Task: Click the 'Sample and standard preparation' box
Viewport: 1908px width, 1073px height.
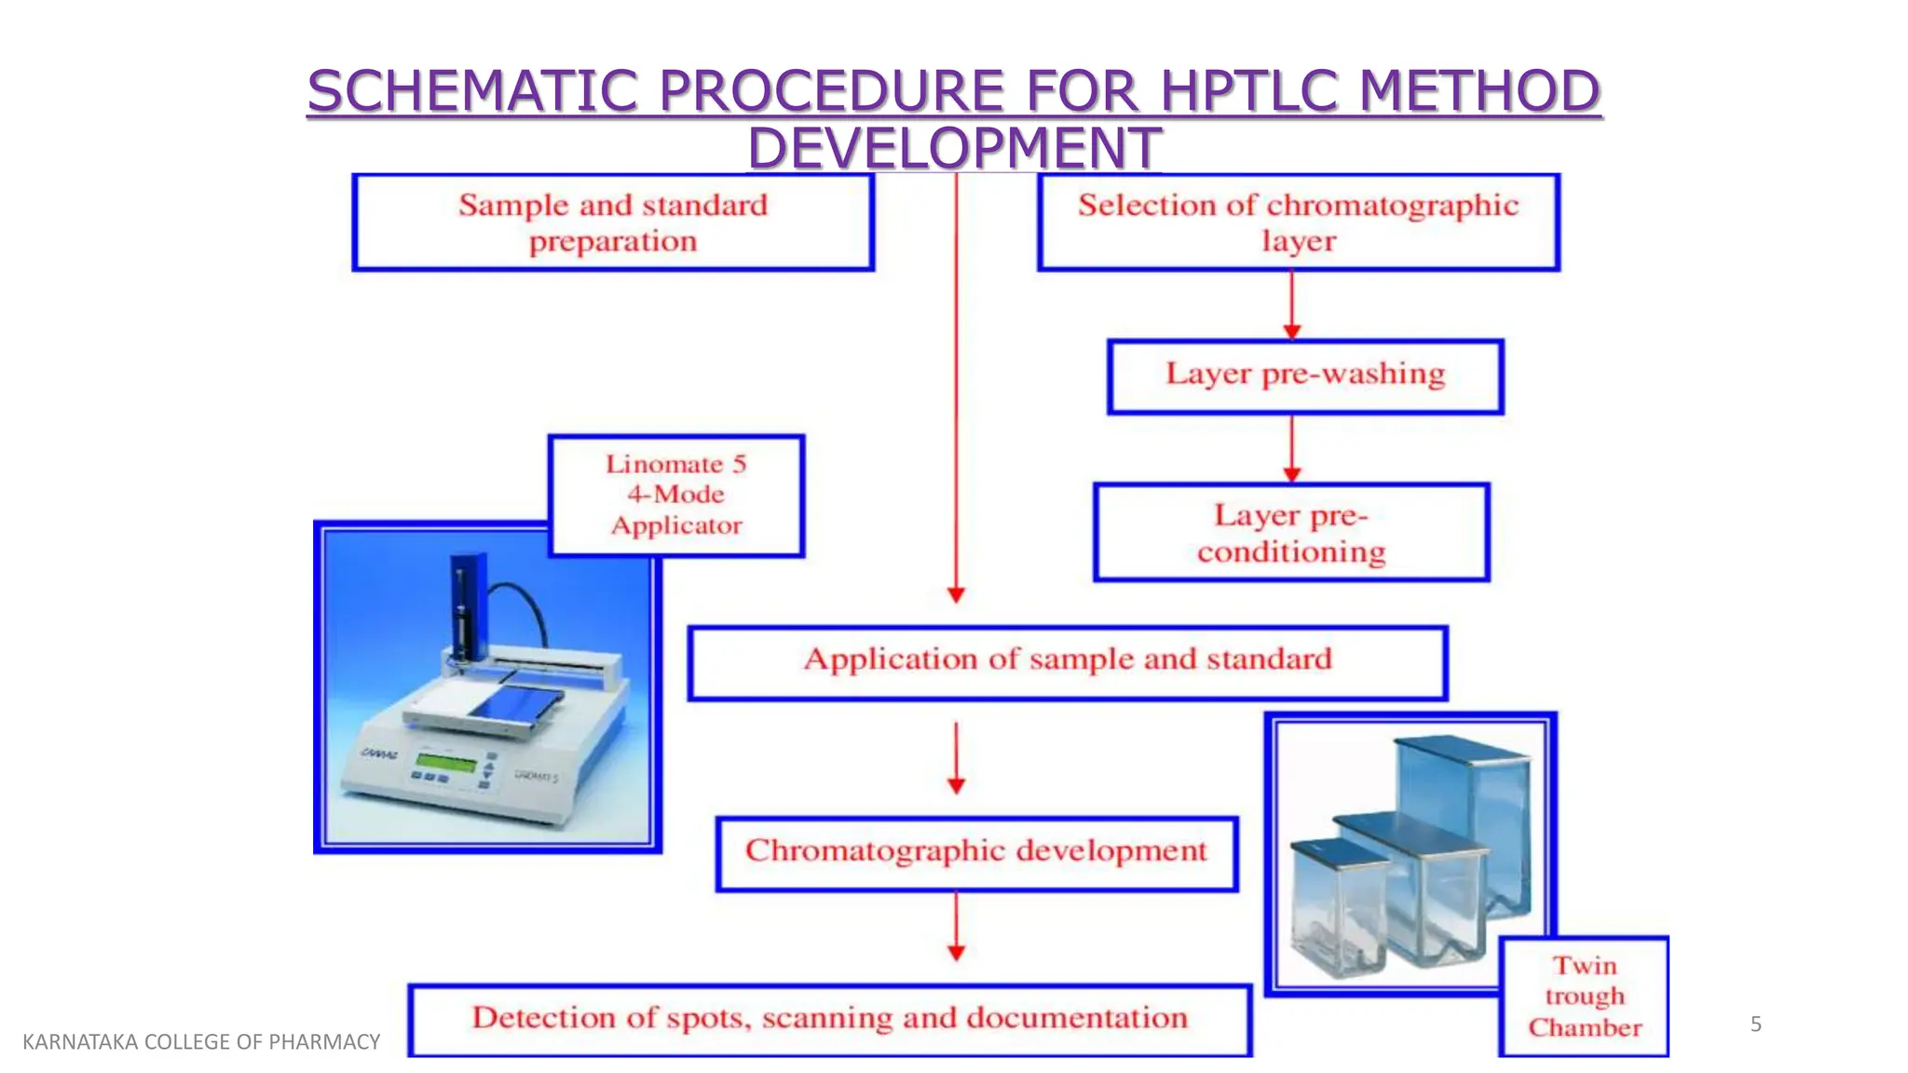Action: (x=613, y=223)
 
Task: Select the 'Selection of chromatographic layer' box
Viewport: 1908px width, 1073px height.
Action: (x=1298, y=223)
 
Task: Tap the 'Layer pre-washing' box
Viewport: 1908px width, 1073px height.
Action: (x=1304, y=376)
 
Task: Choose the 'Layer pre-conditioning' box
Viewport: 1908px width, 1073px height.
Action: (x=1291, y=533)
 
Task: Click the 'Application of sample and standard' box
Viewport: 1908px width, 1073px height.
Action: (x=1067, y=662)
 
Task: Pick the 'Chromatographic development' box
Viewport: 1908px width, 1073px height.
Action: (x=976, y=853)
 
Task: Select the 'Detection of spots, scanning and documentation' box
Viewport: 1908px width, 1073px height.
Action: (x=829, y=1020)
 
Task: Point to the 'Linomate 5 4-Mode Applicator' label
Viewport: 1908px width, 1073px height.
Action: (x=676, y=496)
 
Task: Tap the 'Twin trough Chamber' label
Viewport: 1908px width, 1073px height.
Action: (x=1584, y=997)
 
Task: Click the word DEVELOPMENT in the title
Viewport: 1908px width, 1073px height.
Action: (x=954, y=148)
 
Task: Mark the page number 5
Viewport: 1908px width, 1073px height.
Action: (x=1756, y=1025)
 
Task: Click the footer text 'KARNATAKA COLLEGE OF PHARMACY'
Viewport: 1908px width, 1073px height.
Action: (x=201, y=1041)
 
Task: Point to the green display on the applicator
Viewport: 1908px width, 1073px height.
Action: (x=446, y=763)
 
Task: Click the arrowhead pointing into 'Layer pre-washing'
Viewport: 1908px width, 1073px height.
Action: (x=1291, y=331)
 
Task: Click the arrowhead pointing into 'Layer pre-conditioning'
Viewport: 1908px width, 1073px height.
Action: (x=1291, y=474)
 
